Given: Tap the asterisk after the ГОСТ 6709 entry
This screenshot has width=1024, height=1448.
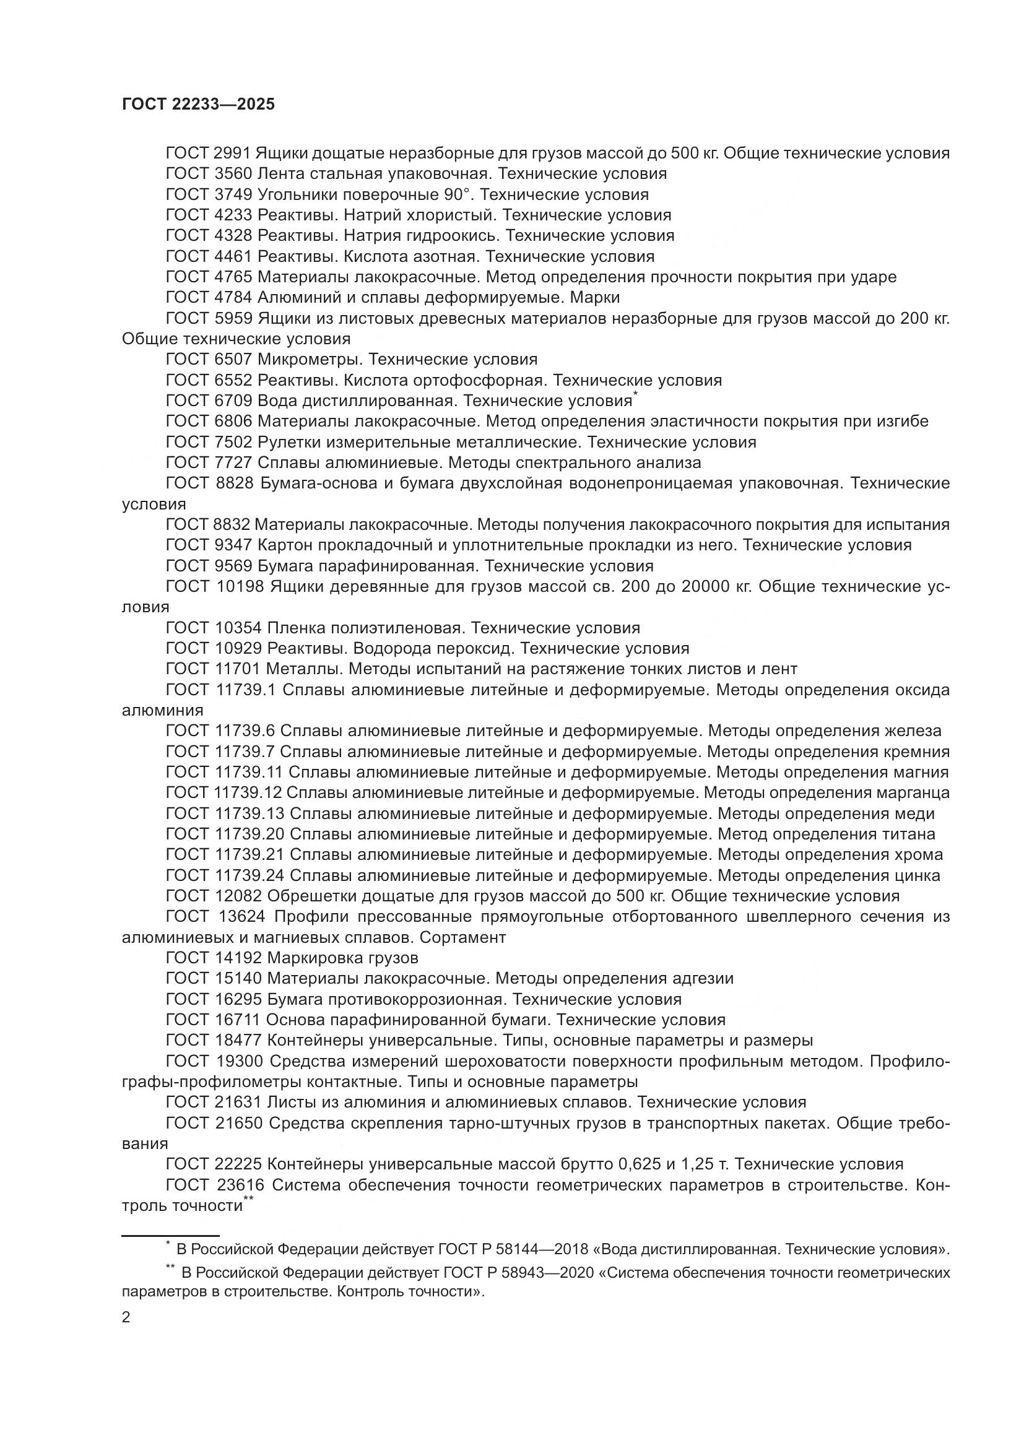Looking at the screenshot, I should [x=636, y=395].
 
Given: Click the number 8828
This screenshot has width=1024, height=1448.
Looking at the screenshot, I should [x=233, y=483].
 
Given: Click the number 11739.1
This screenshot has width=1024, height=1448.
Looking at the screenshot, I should [x=246, y=690].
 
